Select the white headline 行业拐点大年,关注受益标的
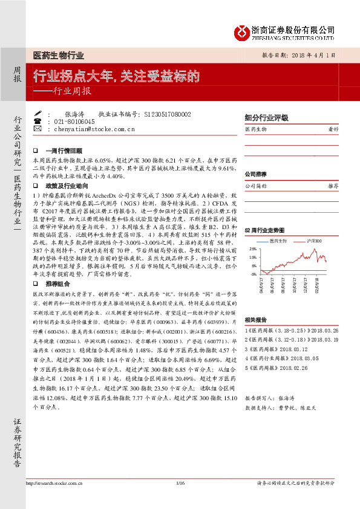pyautogui.click(x=116, y=76)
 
